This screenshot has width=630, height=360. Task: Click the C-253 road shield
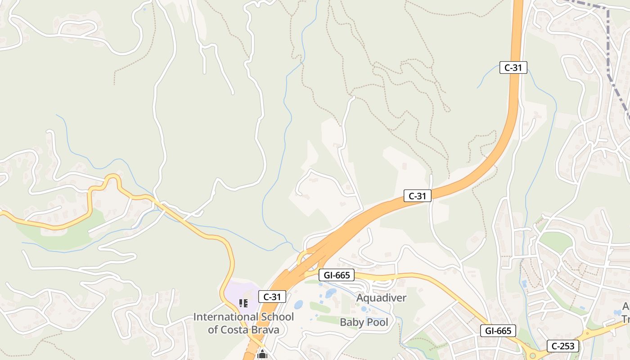563,346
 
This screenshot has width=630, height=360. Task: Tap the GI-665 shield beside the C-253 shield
498,331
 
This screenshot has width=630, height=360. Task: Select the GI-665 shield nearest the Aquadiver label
336,275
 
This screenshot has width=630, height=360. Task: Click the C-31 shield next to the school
272,297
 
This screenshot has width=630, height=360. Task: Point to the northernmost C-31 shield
513,67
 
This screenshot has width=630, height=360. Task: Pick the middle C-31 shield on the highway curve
417,196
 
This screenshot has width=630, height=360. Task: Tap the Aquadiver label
381,298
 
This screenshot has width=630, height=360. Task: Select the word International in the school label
221,317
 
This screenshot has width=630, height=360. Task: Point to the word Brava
264,329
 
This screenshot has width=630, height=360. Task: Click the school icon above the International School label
243,303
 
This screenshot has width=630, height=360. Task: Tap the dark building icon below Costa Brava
262,355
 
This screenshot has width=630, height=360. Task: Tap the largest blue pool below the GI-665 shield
331,293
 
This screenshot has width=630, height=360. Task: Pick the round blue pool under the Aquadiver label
363,309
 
